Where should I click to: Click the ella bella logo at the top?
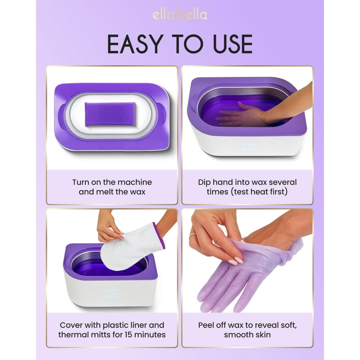(180, 15)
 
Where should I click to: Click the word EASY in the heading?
(135, 44)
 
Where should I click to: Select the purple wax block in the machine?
(110, 114)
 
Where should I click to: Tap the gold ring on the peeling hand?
(192, 236)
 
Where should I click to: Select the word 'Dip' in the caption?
(204, 182)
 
